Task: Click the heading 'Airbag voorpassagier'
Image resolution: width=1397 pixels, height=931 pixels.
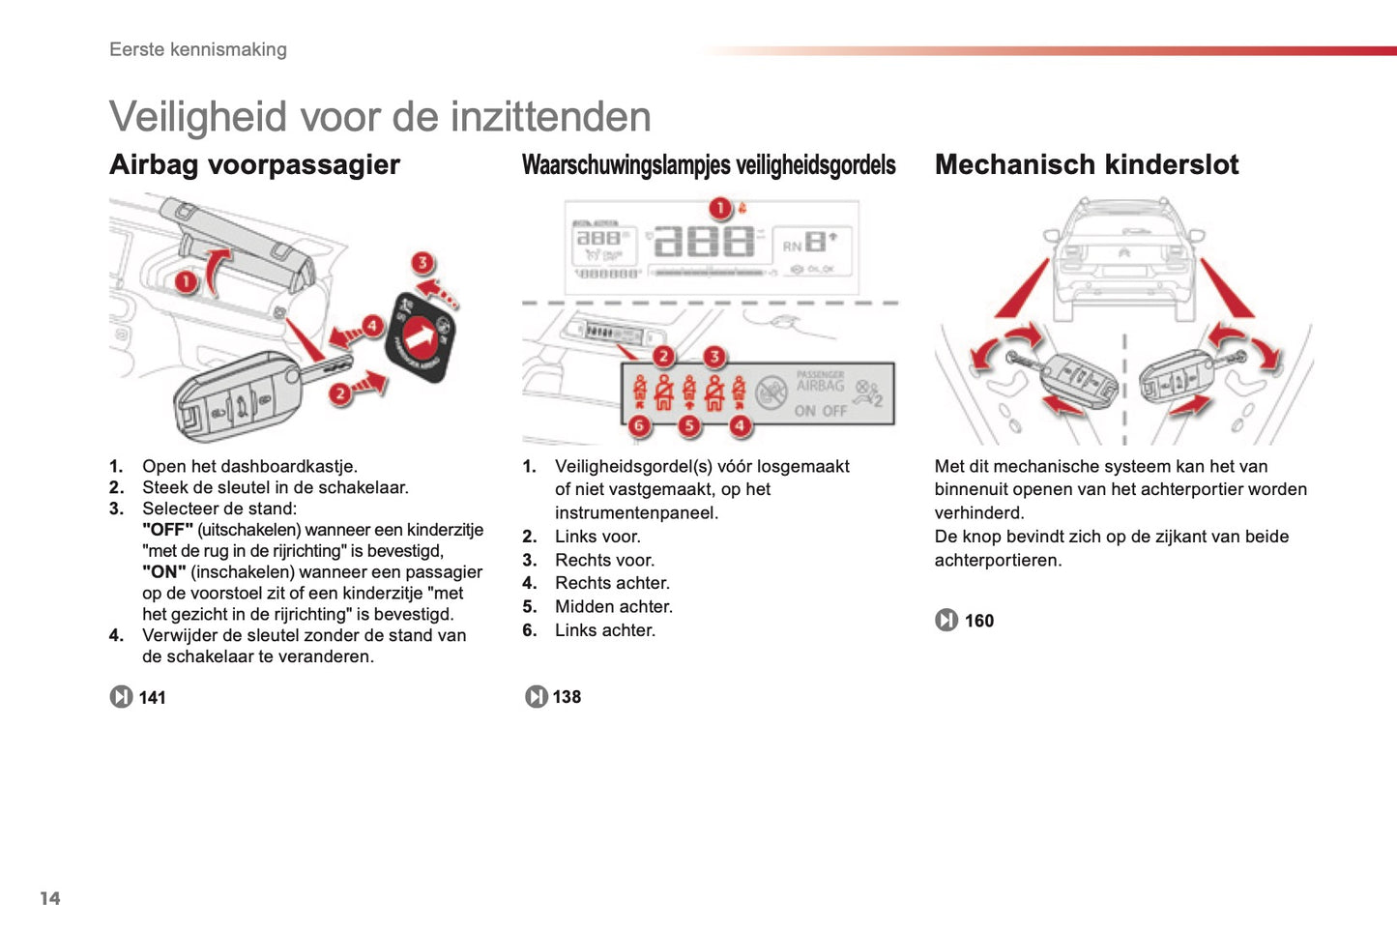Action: tap(254, 165)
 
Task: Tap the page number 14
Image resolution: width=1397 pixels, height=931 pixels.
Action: tap(50, 898)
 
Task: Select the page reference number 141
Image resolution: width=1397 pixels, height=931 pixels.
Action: tap(152, 697)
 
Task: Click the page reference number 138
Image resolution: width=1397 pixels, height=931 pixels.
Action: tap(567, 696)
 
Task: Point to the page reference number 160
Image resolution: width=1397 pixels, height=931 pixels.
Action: tap(978, 621)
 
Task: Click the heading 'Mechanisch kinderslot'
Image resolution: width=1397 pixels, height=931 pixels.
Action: tap(1086, 165)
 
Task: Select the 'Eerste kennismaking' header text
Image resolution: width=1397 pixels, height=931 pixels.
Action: tap(198, 49)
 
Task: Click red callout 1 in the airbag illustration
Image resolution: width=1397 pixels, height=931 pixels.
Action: tap(186, 281)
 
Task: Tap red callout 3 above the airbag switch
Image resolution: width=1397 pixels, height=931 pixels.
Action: tap(422, 263)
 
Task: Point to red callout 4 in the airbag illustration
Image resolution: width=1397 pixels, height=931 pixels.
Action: tap(372, 326)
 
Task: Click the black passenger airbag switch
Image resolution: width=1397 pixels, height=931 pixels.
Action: tap(421, 337)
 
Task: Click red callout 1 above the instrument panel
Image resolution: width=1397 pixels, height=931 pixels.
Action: tap(719, 209)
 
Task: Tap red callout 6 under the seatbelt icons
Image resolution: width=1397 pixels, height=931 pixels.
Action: tap(638, 425)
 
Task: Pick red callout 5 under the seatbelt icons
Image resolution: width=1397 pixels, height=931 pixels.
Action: tap(688, 425)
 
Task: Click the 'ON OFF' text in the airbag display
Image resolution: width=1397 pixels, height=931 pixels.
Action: tap(820, 411)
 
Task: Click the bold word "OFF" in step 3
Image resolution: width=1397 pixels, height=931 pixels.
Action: tap(167, 530)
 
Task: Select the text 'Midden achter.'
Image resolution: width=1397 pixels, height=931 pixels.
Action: tap(613, 606)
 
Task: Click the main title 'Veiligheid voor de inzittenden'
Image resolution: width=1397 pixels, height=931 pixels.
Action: tap(380, 117)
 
